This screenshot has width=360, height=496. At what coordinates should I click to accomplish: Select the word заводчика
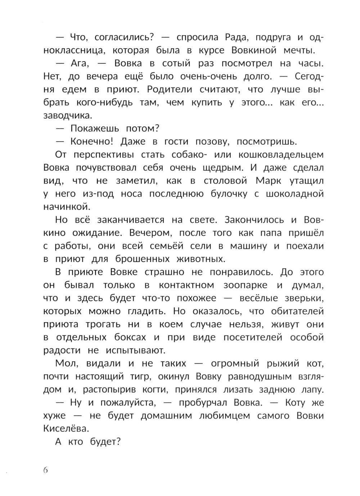click(67, 116)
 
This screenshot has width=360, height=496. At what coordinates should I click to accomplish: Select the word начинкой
click(66, 207)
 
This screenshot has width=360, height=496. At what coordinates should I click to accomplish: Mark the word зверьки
click(302, 298)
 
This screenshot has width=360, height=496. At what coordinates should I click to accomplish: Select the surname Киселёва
click(66, 429)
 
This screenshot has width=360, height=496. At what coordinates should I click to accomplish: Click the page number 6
click(45, 470)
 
